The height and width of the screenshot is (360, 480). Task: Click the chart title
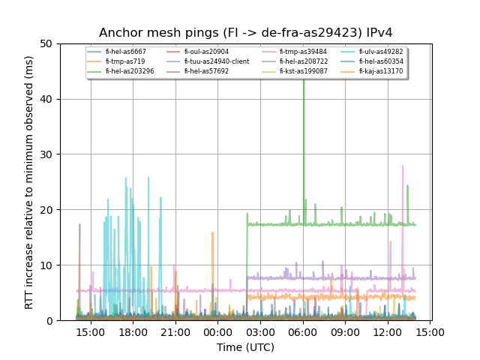[245, 33]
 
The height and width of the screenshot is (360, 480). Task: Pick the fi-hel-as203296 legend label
[130, 71]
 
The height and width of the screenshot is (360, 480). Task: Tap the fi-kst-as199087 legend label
[304, 71]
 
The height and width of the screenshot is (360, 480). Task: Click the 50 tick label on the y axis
[47, 43]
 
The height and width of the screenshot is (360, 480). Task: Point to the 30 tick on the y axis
[47, 154]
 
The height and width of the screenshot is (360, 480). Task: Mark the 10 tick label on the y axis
[47, 265]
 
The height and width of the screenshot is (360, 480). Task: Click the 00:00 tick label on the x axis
[218, 331]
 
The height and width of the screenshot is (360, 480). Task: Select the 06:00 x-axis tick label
[303, 331]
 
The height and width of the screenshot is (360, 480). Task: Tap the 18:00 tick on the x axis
[133, 331]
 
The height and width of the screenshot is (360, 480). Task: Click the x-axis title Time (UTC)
[245, 347]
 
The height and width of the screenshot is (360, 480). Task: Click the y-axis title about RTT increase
[29, 182]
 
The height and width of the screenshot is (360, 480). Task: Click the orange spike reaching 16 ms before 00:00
[212, 234]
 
